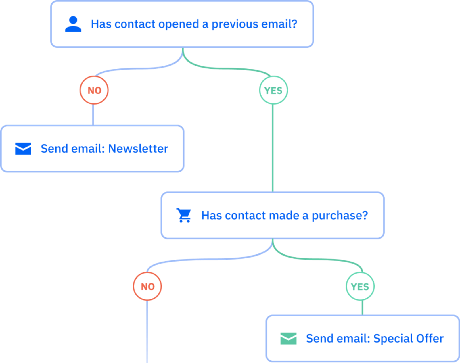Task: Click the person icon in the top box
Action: [x=73, y=24]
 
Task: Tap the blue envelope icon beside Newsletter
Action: [x=23, y=149]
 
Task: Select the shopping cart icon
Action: [x=184, y=215]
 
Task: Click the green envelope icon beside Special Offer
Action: [x=288, y=338]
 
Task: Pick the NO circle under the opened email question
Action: [x=94, y=90]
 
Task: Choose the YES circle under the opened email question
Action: [x=273, y=90]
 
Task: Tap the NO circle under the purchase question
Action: [x=147, y=286]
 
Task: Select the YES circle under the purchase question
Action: [x=360, y=286]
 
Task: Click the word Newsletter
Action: [x=138, y=149]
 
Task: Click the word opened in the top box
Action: [x=179, y=24]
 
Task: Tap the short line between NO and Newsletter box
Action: [x=93, y=114]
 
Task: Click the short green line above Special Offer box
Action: [x=362, y=308]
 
